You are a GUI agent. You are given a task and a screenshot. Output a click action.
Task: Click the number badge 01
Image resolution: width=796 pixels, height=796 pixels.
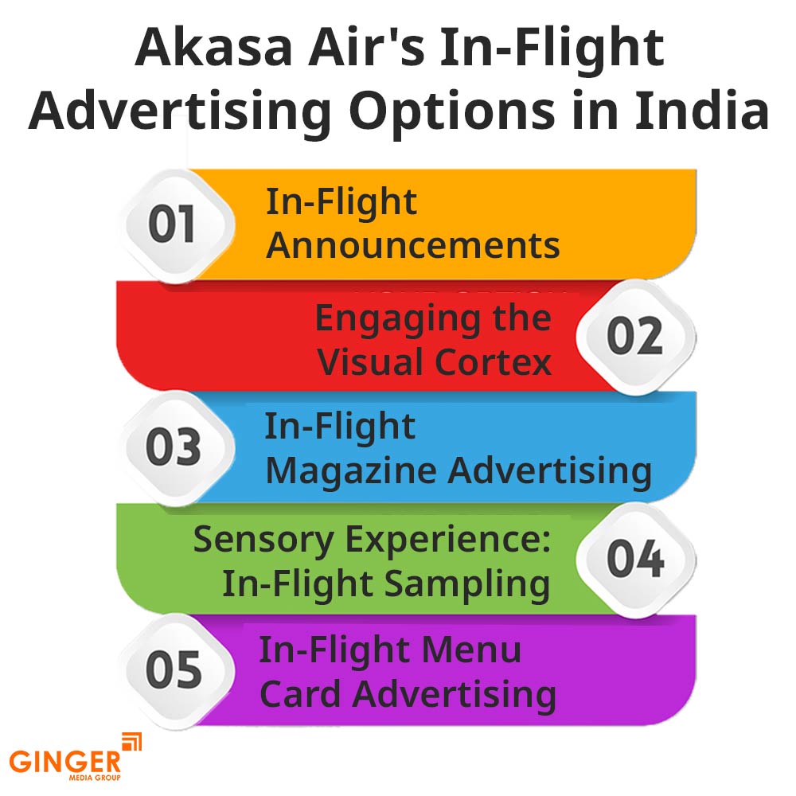coord(172,224)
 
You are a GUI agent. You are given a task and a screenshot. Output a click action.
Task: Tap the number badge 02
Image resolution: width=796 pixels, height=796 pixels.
coord(634,335)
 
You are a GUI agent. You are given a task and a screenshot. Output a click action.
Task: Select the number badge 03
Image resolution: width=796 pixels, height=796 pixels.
coord(173,447)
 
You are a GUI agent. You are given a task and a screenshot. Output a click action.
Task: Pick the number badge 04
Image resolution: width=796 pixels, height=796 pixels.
coord(634,558)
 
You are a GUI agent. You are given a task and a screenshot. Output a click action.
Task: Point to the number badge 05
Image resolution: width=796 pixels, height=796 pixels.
coord(172,670)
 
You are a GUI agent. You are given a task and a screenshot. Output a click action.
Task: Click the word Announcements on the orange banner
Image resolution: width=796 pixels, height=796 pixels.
coord(412,246)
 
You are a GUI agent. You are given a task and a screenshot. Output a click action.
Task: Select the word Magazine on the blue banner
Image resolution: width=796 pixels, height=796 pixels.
coord(351,470)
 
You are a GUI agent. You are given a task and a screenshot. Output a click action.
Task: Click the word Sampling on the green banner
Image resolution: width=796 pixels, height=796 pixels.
coord(468,584)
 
